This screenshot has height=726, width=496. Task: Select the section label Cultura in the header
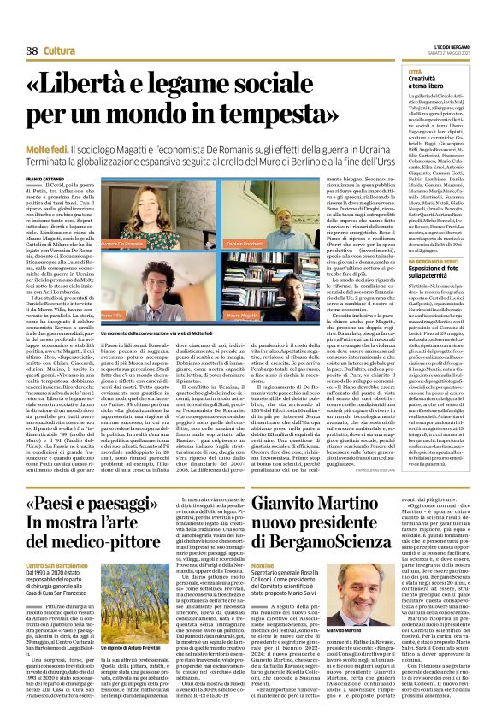point(59,52)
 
